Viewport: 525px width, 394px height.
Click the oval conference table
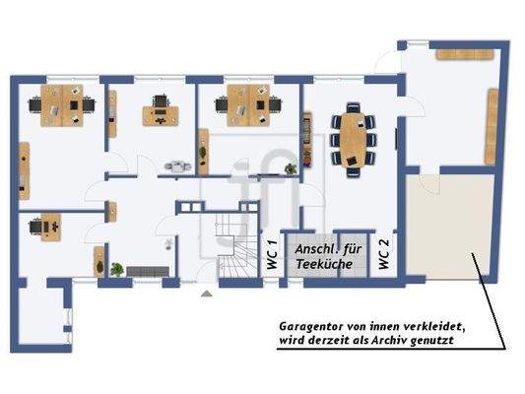coord(352,139)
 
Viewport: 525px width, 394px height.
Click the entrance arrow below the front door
coord(206,293)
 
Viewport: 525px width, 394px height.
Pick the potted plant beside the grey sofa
coord(117,267)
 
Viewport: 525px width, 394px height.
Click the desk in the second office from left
coord(158,111)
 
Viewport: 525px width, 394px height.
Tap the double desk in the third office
coord(244,105)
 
